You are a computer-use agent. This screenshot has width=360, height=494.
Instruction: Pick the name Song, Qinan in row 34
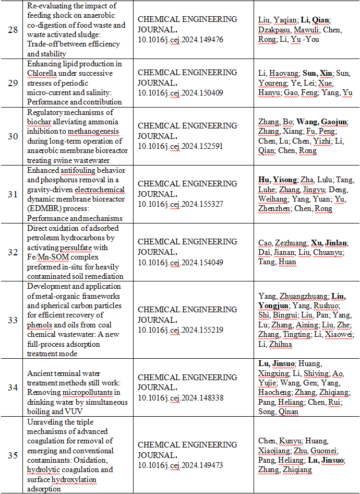(x=279, y=411)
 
